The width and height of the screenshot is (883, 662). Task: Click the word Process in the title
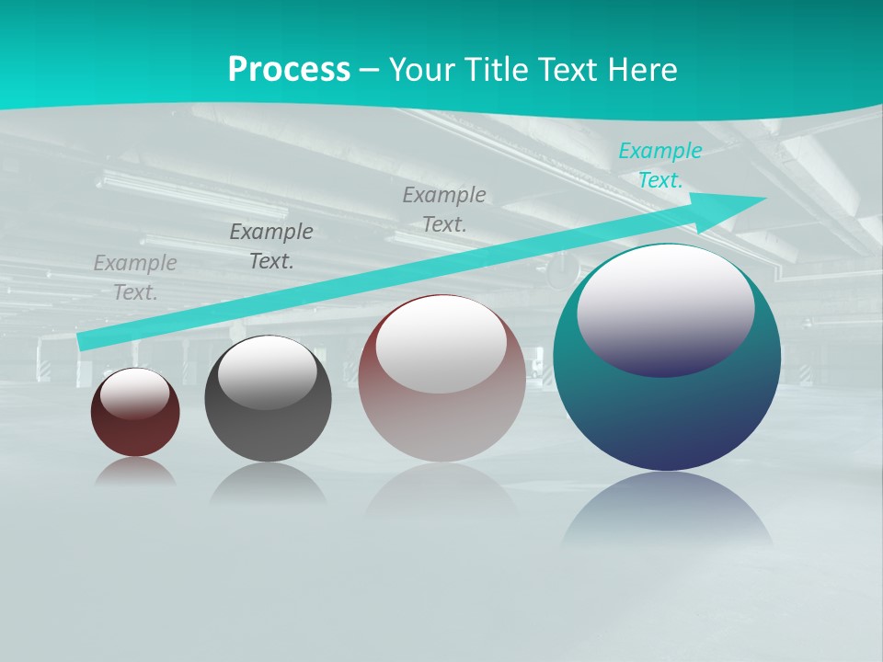289,70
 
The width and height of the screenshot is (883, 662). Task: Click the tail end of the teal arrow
83,342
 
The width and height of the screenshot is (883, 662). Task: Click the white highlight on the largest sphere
666,308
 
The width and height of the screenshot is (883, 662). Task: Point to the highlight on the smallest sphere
135,394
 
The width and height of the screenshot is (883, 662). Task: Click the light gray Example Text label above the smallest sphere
135,278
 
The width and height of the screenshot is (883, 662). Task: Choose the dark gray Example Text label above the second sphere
271,246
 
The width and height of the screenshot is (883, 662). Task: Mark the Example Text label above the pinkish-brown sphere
444,210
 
